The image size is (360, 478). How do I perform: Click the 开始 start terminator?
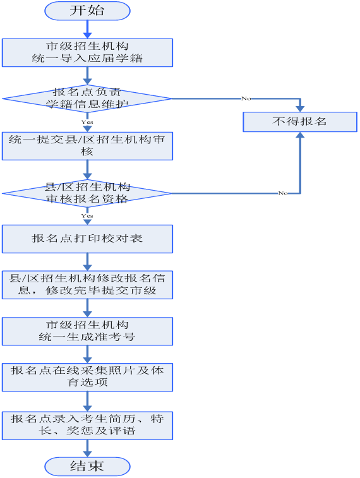click(x=88, y=11)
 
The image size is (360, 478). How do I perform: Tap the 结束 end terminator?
click(x=88, y=467)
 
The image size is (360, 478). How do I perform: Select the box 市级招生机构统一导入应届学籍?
click(x=88, y=52)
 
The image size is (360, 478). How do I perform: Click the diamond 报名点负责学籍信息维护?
click(x=87, y=99)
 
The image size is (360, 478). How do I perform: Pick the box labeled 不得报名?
click(x=300, y=122)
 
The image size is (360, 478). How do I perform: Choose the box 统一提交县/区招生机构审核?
click(x=88, y=146)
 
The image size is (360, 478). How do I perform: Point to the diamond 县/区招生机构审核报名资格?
click(x=87, y=193)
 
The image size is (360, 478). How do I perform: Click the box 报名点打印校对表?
click(x=88, y=239)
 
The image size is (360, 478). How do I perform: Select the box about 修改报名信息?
click(x=88, y=285)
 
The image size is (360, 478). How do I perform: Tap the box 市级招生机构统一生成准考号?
click(x=88, y=332)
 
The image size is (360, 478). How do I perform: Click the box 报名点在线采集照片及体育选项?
click(x=88, y=377)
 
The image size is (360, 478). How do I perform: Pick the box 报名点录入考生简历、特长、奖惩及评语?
click(x=88, y=426)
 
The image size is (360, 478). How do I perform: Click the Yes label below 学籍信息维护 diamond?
click(x=87, y=122)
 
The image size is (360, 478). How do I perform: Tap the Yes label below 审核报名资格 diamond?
click(x=87, y=216)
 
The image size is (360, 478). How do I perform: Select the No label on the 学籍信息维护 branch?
click(x=246, y=98)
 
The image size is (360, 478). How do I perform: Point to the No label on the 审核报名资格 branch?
click(x=283, y=193)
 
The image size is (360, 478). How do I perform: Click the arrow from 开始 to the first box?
click(x=88, y=29)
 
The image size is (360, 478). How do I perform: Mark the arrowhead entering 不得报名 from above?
click(x=300, y=109)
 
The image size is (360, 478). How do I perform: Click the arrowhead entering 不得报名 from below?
click(x=300, y=135)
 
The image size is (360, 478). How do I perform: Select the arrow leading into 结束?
click(x=88, y=448)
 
